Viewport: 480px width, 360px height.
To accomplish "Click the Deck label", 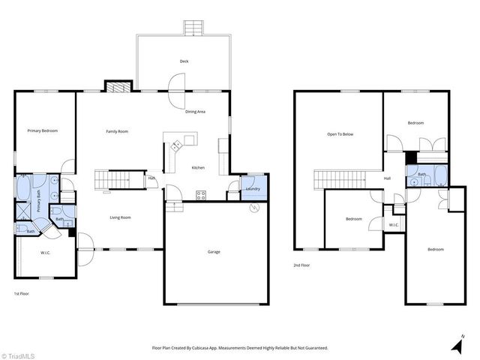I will pos(184,61).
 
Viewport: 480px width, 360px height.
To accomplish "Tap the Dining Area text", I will pos(196,112).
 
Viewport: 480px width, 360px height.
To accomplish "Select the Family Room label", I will pos(116,131).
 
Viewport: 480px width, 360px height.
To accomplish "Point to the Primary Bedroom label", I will pos(42,130).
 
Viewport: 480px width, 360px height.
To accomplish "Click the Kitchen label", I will pos(198,167).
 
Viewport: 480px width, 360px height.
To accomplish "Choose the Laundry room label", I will pos(253,188).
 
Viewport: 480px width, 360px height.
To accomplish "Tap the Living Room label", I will pos(121,217).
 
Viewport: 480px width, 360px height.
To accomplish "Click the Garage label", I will pos(214,252).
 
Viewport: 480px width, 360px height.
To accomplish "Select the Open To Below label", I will pos(340,134).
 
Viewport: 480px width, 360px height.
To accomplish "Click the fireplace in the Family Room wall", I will pos(117,87).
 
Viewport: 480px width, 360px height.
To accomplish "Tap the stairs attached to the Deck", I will pos(193,28).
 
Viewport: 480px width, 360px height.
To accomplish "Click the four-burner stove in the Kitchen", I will pos(201,195).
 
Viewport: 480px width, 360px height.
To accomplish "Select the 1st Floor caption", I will pos(22,293).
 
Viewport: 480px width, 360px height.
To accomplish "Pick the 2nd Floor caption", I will pos(302,265).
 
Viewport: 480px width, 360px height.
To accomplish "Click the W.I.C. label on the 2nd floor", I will pos(394,225).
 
